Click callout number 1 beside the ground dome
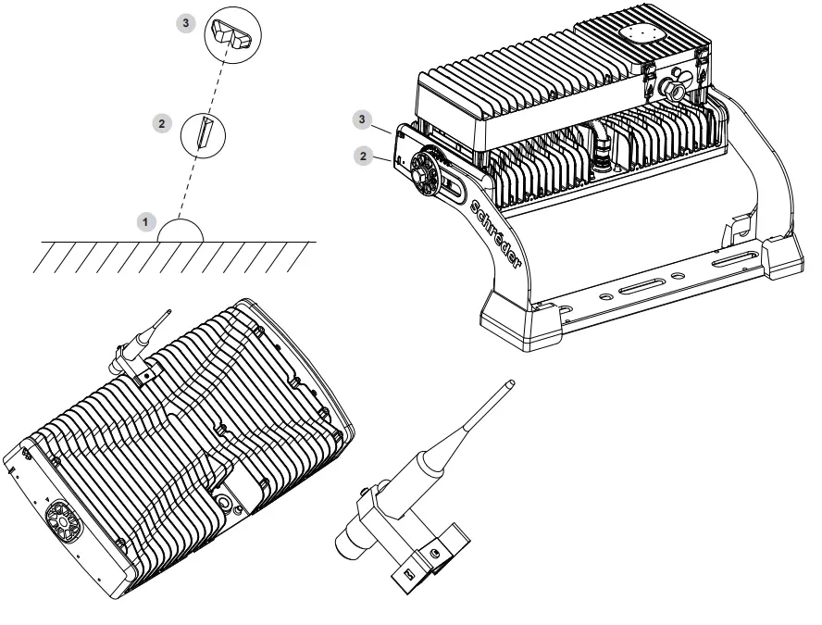point(143,223)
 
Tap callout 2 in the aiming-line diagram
point(162,121)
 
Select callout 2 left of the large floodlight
point(364,155)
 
